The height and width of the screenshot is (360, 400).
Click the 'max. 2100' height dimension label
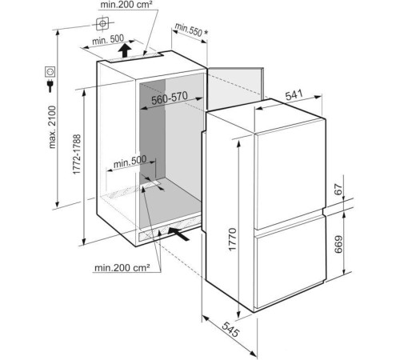pyautogui.click(x=52, y=127)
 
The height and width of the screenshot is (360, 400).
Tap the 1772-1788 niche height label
pyautogui.click(x=77, y=154)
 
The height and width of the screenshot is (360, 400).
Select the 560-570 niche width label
pyautogui.click(x=170, y=98)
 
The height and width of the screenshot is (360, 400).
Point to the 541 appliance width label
pyautogui.click(x=294, y=94)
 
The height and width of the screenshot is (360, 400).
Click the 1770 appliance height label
pyautogui.click(x=232, y=239)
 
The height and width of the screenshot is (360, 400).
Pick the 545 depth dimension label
pyautogui.click(x=230, y=329)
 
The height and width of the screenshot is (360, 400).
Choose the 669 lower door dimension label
pyautogui.click(x=338, y=244)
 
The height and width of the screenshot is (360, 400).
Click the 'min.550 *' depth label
pyautogui.click(x=191, y=30)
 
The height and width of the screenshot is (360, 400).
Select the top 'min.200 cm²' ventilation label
pyautogui.click(x=126, y=5)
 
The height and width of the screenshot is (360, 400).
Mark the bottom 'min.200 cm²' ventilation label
pyautogui.click(x=122, y=267)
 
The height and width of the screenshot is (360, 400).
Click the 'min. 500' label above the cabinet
pyautogui.click(x=108, y=40)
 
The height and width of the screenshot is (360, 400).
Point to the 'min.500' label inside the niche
pyautogui.click(x=130, y=162)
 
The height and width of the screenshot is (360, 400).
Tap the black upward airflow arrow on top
pyautogui.click(x=125, y=50)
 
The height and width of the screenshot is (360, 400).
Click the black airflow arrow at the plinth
pyautogui.click(x=178, y=234)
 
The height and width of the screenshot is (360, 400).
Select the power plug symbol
pyautogui.click(x=50, y=86)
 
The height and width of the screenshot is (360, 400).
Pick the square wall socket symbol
pyautogui.click(x=50, y=71)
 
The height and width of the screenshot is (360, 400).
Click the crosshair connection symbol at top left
pyautogui.click(x=102, y=23)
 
